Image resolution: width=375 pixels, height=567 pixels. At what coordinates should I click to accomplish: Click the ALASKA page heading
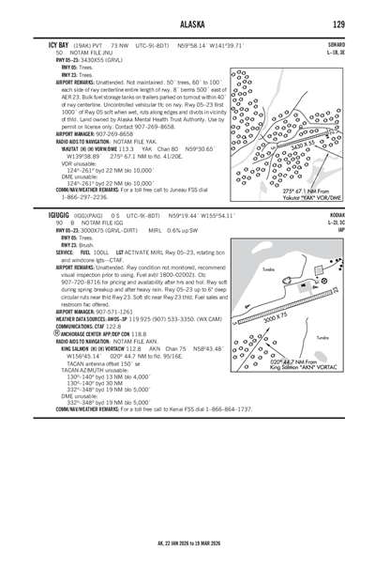pos(187,23)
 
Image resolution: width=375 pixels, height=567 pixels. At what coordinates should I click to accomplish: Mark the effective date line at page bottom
pos(187,543)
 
